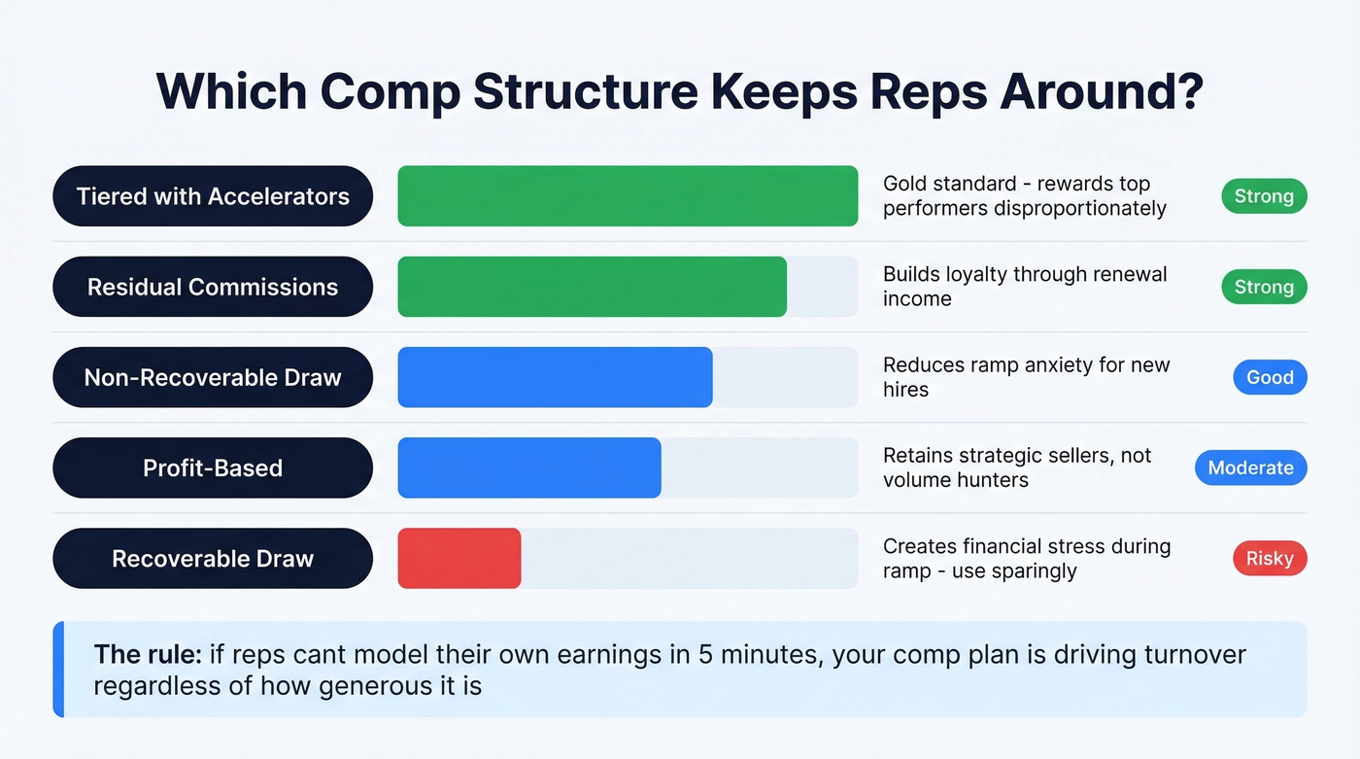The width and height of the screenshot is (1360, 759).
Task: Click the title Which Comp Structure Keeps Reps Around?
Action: [679, 91]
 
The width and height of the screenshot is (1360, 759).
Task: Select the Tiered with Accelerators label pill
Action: [213, 196]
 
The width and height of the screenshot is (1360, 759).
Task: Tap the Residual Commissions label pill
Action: [213, 287]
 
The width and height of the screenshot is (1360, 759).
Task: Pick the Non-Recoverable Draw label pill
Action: [213, 377]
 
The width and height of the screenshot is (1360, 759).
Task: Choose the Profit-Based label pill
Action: [213, 467]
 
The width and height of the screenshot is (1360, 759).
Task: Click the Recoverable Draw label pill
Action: [213, 558]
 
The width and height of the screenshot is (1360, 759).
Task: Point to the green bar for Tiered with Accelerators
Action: [628, 196]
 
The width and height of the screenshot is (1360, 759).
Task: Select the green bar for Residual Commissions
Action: [592, 287]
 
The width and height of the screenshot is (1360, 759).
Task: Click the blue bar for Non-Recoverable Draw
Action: [555, 377]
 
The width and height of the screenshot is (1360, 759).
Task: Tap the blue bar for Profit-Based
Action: [529, 467]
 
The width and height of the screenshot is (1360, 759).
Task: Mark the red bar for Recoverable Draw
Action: [459, 558]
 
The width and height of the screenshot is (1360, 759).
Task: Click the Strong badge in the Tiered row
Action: [1264, 196]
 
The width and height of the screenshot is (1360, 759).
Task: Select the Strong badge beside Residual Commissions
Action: [1264, 287]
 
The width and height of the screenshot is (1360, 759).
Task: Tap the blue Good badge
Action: [1270, 377]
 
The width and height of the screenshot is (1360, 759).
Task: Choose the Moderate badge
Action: [1250, 467]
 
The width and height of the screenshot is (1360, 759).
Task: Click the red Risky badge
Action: [1270, 558]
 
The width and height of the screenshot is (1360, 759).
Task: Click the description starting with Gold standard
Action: [1024, 195]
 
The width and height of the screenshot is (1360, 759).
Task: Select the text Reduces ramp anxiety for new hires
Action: [1026, 377]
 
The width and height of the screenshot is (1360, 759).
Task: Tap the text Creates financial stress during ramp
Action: [1026, 558]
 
